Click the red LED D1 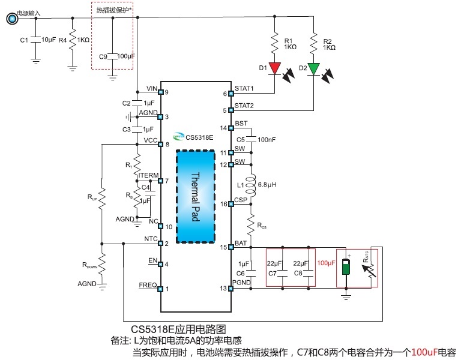(275, 68)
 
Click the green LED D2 (314, 68)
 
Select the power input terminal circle (11, 19)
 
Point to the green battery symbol (346, 266)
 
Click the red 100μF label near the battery (326, 263)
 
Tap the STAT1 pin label (244, 89)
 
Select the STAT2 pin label (244, 106)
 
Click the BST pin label (241, 123)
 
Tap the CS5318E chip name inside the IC (199, 137)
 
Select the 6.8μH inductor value (267, 184)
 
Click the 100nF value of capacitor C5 (267, 140)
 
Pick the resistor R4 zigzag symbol (72, 40)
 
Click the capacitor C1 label (24, 40)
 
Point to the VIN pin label (151, 88)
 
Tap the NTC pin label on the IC (151, 238)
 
